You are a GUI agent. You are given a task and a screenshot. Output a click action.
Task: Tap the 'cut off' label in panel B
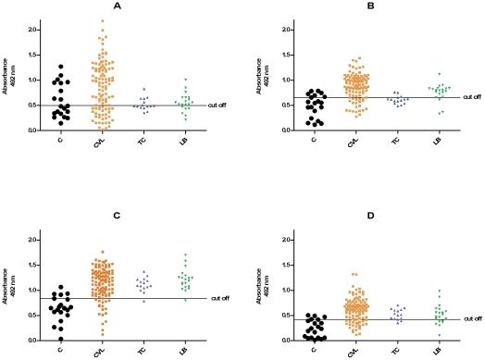coord(470,97)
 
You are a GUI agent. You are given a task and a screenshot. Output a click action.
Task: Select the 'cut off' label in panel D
coord(471,319)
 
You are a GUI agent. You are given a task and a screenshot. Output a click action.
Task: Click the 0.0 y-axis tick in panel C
coord(29,340)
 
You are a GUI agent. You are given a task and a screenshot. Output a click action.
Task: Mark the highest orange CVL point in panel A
coord(102,20)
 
